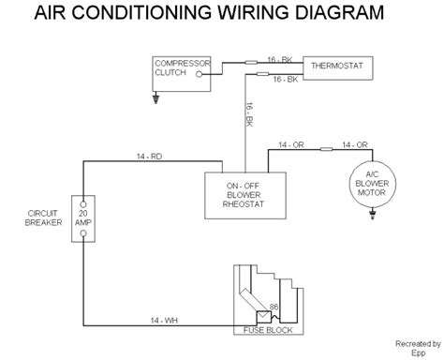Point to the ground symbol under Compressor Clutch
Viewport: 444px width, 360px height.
pos(158,94)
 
